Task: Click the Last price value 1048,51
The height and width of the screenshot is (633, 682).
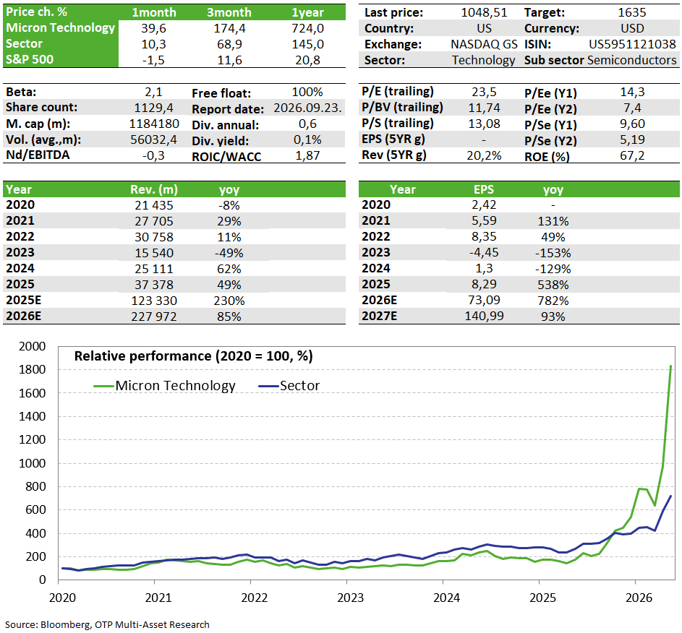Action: tap(484, 12)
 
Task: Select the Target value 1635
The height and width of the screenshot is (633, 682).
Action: tap(632, 12)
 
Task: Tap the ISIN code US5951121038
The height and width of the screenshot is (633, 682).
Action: tap(632, 44)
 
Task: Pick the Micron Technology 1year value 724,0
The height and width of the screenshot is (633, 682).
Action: tap(307, 29)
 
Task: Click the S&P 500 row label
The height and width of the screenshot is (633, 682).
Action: tap(30, 59)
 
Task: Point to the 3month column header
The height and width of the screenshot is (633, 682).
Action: tap(229, 12)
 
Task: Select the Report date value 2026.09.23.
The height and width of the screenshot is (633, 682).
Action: tap(307, 108)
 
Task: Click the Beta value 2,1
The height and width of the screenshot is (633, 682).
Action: tap(153, 92)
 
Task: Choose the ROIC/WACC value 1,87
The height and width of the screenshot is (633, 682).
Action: tap(307, 155)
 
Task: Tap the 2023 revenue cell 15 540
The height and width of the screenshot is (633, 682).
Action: tap(154, 253)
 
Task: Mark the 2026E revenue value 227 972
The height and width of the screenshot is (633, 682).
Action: tap(154, 316)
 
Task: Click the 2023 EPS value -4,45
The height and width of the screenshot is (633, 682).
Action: tap(484, 252)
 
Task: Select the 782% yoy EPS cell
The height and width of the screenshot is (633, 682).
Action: tap(553, 301)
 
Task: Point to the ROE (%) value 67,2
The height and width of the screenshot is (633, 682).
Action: tap(632, 155)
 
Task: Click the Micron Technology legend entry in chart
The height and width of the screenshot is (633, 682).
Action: tap(164, 386)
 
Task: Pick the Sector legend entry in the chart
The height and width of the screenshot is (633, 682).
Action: tap(289, 386)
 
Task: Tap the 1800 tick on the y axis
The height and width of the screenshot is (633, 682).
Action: tap(33, 370)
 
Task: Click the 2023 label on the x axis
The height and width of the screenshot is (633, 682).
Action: tap(351, 598)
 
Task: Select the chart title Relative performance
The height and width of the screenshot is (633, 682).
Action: tap(194, 356)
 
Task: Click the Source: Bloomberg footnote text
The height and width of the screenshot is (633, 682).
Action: tap(108, 625)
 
